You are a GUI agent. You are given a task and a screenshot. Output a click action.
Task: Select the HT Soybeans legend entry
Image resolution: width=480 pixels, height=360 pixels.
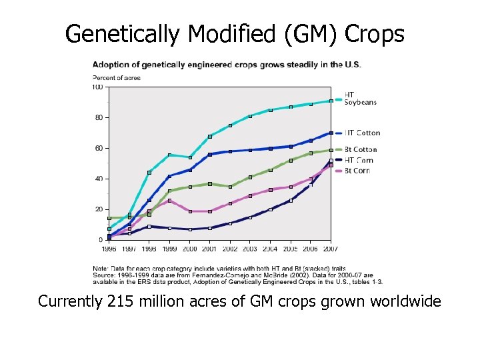[360, 98]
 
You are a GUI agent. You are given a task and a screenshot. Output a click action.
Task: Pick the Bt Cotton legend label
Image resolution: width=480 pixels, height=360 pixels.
[361, 149]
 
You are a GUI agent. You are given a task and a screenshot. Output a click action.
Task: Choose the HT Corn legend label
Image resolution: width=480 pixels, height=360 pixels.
[359, 160]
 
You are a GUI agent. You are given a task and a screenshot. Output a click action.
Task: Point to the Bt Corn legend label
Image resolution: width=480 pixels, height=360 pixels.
[357, 171]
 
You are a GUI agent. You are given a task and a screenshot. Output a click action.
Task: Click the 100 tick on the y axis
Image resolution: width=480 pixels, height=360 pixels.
[97, 87]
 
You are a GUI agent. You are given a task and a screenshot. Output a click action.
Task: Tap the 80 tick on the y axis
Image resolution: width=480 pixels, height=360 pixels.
[99, 117]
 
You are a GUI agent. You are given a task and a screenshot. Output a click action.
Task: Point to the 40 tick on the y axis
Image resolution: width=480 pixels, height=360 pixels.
[99, 179]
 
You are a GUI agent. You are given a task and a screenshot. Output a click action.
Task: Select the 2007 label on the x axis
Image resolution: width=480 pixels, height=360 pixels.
[330, 249]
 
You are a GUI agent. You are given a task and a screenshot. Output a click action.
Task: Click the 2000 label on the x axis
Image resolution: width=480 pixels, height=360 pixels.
[190, 249]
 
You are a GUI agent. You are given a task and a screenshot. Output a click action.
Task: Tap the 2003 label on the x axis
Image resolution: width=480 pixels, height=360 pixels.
[250, 249]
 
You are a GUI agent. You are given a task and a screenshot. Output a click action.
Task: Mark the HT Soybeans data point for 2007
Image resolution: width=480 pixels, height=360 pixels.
[331, 101]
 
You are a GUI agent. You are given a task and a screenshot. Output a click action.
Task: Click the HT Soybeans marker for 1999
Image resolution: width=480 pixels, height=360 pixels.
[169, 155]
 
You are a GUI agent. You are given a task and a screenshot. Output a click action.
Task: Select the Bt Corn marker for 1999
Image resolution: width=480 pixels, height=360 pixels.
[169, 200]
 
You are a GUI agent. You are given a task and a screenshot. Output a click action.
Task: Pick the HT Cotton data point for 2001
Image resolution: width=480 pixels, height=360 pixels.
[210, 155]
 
